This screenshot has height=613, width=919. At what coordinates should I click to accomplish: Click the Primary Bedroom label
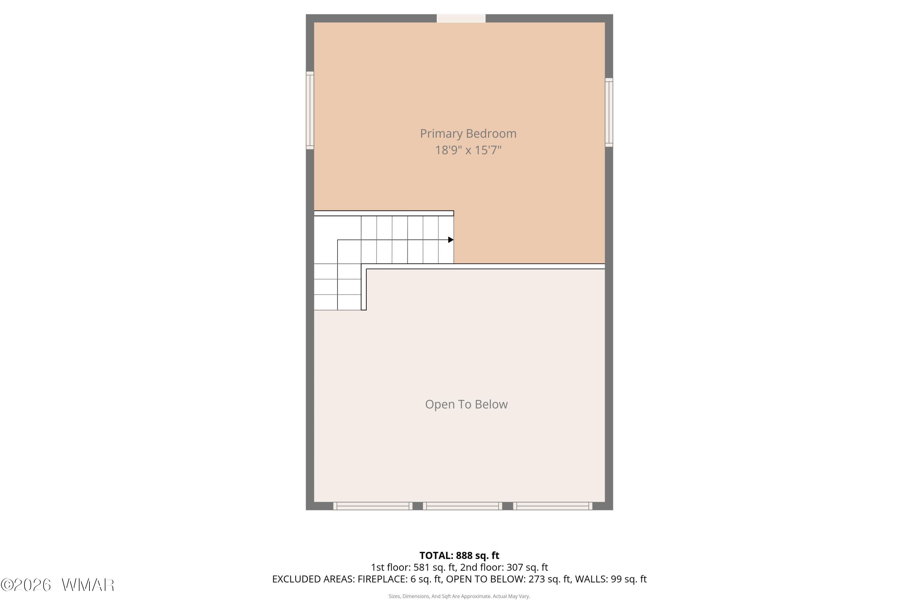(468, 134)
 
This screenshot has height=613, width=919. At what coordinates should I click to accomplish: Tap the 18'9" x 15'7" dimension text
(468, 150)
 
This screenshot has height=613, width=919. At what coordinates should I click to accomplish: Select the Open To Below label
(466, 404)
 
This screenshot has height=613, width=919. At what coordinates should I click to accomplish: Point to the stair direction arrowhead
(451, 240)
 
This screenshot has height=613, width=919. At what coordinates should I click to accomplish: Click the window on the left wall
(310, 110)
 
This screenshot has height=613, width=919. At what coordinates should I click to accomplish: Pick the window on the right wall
(609, 112)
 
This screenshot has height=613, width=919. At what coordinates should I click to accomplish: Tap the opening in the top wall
(461, 18)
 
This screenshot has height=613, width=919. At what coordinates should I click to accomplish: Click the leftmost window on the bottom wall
(373, 506)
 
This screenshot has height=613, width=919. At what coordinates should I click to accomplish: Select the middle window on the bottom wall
(462, 506)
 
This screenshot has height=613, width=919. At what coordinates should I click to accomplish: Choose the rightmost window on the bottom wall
(553, 506)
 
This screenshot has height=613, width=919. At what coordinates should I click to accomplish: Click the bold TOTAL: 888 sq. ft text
(459, 555)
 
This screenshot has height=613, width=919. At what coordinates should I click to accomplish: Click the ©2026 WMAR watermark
(58, 585)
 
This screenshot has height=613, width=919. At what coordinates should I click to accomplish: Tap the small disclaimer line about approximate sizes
(459, 596)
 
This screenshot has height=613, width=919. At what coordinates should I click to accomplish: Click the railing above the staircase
(384, 213)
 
